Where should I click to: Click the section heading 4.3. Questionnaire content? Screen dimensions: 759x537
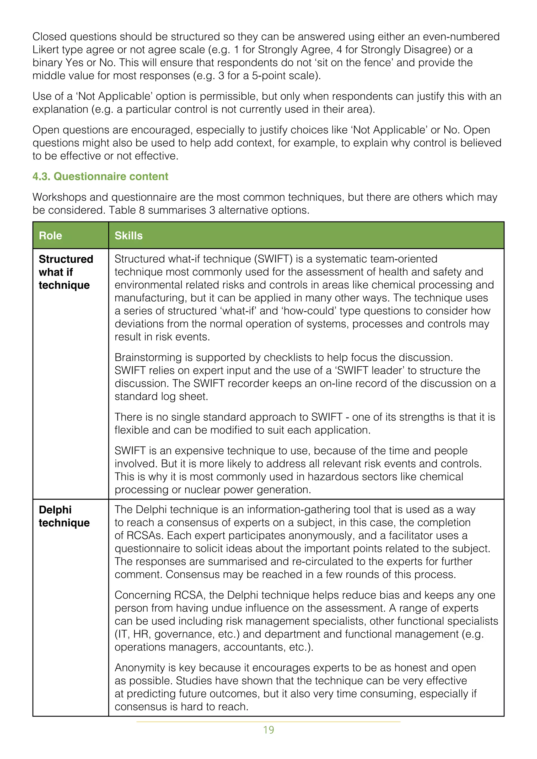pos(100,177)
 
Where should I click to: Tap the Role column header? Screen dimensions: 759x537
pos(50,236)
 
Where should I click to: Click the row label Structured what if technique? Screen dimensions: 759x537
pos(66,272)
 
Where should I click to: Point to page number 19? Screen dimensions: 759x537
pos(268,730)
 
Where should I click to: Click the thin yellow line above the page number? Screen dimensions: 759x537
pos(268,722)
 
